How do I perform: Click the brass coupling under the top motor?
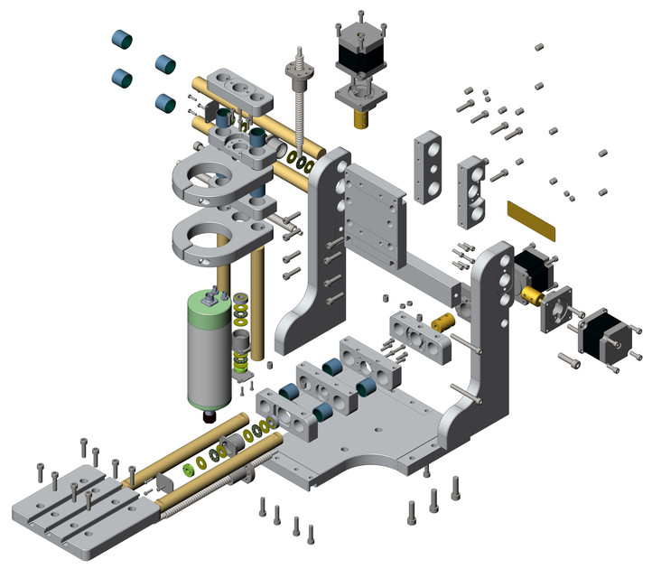(x=364, y=117)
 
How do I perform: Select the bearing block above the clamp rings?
(x=239, y=90)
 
